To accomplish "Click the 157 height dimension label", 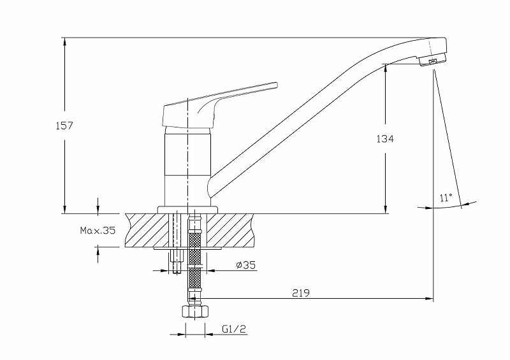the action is [x=64, y=126].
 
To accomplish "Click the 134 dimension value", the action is [x=385, y=139].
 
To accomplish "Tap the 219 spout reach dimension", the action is [x=301, y=293].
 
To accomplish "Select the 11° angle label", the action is [x=446, y=198].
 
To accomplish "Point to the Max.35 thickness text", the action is [x=98, y=231].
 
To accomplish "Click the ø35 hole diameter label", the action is [x=246, y=265].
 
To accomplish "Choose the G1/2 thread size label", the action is [x=234, y=329].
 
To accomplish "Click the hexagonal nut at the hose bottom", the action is [x=194, y=312].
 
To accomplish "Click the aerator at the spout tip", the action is [x=433, y=61].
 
